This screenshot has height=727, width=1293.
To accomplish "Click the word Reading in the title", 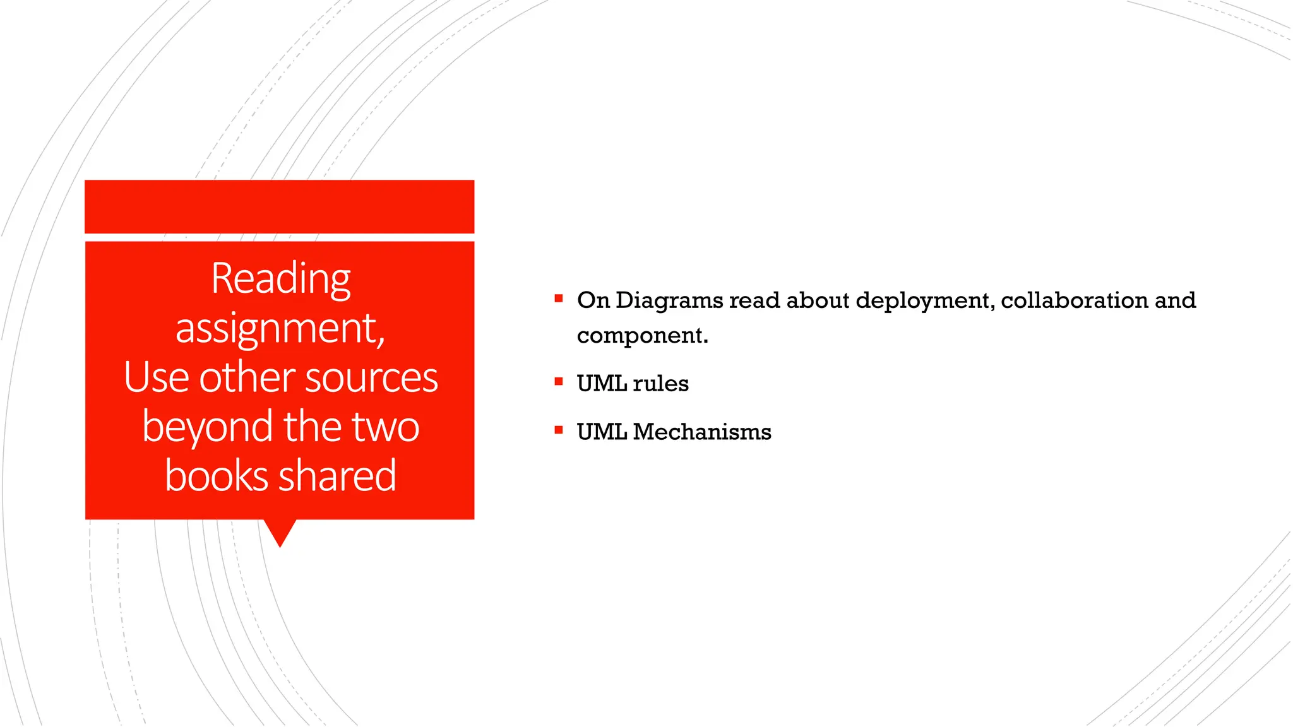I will coord(280,278).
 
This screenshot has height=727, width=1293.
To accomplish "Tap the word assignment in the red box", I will coord(278,328).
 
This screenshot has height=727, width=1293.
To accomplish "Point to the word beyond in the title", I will coord(208,427).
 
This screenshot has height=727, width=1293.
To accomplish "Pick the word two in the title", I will coord(385,427).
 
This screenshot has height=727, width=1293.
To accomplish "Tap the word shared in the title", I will coord(337,476).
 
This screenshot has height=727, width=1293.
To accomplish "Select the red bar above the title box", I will coord(279,206).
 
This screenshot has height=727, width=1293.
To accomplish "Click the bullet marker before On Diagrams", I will coord(559,298).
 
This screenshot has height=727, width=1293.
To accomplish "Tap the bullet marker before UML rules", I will coord(559,381).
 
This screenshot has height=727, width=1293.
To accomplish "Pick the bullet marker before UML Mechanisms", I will coord(559,430).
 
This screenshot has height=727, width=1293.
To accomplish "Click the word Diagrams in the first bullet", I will coord(669,300).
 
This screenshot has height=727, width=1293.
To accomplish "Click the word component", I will coord(642,335).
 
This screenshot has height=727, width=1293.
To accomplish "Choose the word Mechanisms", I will coord(701,432).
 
